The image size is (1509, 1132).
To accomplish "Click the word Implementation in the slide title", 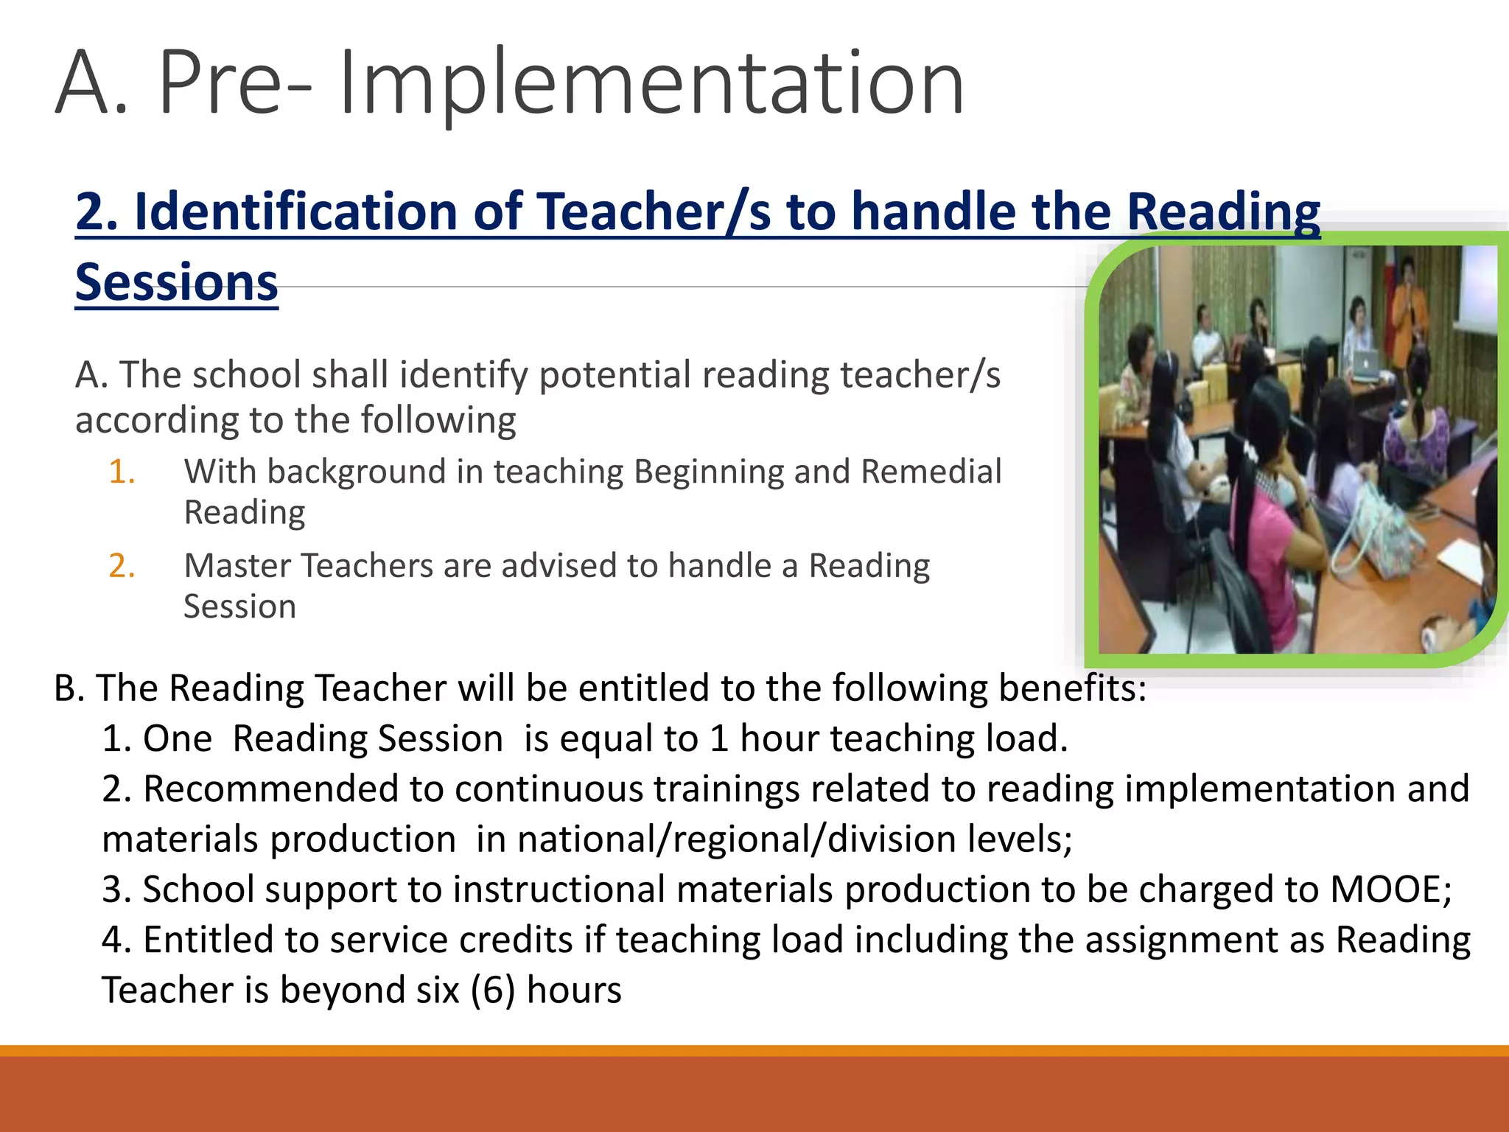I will pos(651,83).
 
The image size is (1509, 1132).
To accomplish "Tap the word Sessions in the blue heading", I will pos(177,283).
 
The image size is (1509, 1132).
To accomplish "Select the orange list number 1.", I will pos(122,472).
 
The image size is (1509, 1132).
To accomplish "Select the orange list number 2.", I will pos(122,566).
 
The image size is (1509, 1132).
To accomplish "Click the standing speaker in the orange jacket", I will pos(1409,310).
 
